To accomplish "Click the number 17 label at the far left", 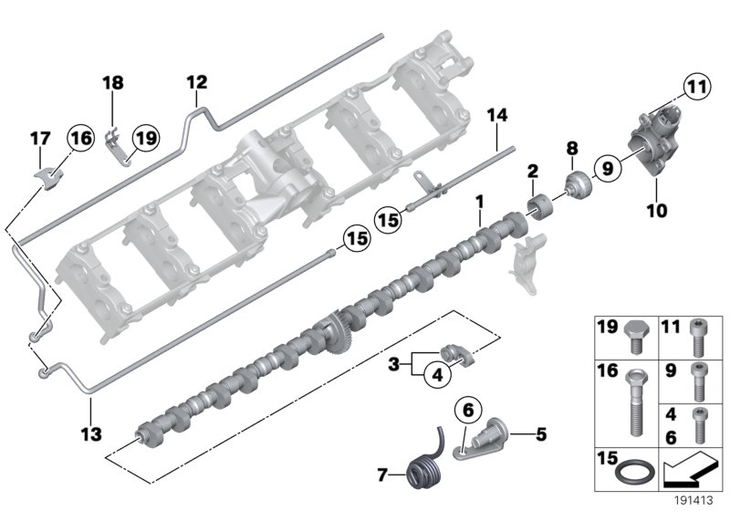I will click(40, 139).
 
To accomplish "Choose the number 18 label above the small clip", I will click(112, 84).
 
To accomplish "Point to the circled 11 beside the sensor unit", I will click(697, 89).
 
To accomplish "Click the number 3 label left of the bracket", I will click(393, 364).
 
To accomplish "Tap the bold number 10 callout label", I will click(655, 211).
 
